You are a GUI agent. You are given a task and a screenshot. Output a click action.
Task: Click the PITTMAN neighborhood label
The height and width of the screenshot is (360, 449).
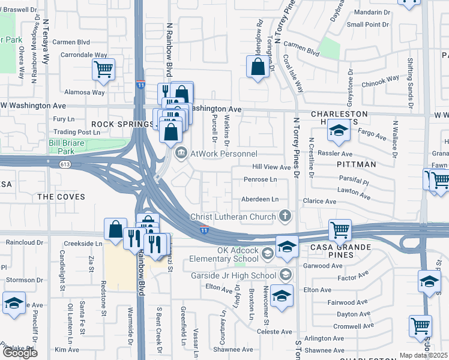coord(358,164)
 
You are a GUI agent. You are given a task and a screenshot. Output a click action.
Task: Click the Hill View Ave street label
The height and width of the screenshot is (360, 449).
coord(271,167)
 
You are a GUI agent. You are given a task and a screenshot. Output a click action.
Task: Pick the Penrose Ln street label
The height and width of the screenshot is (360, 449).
coord(260,179)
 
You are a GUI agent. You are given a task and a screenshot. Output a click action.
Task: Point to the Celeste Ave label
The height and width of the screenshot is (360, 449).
coord(274,331)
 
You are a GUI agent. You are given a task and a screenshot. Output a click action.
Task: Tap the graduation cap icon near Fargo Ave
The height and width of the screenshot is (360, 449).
coord(339,133)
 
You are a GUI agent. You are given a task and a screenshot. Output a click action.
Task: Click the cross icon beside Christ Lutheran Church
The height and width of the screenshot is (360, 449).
coord(286,216)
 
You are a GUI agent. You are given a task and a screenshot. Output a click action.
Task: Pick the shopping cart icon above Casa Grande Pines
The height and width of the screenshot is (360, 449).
coord(340,230)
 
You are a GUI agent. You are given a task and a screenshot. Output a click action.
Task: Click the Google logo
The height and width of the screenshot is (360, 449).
coord(20,352)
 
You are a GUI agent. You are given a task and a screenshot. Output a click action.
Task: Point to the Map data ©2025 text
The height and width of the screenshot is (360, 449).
coord(423,355)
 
